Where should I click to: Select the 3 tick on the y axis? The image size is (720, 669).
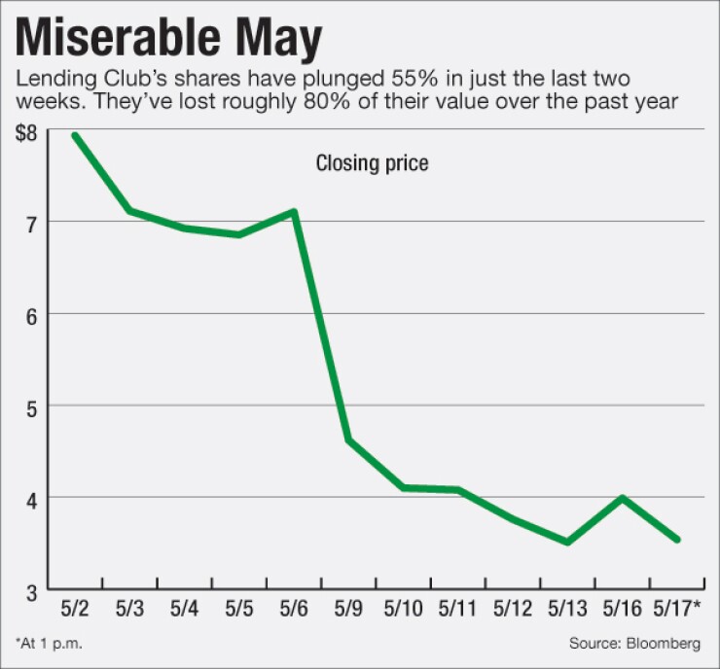click(x=33, y=589)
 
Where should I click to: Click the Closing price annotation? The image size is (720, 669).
click(x=372, y=163)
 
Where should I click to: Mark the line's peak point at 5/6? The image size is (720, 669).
click(x=294, y=211)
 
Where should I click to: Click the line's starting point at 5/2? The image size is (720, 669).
click(x=74, y=135)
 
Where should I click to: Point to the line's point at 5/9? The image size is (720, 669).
click(x=349, y=441)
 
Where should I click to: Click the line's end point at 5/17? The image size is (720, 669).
click(x=676, y=539)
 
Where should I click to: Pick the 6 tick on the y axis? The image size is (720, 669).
click(x=33, y=314)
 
